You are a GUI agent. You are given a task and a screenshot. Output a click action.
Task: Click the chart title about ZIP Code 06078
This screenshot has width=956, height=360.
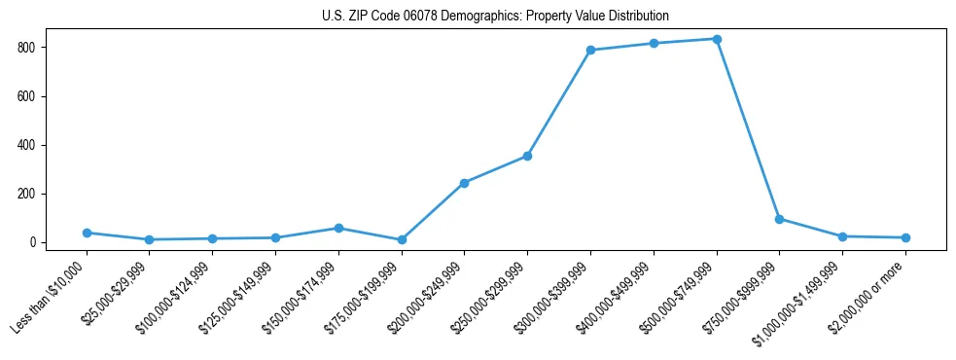tap(495, 17)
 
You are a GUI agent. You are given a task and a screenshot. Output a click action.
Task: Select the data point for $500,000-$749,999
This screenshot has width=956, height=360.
tap(717, 39)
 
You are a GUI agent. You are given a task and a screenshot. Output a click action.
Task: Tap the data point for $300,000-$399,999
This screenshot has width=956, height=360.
tap(590, 50)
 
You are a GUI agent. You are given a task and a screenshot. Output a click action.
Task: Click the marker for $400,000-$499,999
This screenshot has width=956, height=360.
tap(654, 43)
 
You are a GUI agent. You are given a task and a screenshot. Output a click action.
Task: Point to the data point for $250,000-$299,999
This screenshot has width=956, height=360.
tap(527, 156)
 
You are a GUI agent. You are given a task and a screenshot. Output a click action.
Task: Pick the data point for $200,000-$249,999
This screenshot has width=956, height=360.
tap(464, 183)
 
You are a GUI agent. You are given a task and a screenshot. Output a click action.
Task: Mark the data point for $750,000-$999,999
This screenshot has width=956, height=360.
tap(779, 219)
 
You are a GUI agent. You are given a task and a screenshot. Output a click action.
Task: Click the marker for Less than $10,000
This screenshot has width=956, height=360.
tap(87, 233)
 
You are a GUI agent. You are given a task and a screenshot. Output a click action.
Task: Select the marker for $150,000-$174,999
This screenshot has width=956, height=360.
tap(338, 228)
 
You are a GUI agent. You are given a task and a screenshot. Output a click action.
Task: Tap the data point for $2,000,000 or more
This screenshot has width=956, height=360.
tap(905, 237)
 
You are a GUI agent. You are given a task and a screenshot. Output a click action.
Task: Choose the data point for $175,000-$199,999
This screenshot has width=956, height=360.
tap(402, 239)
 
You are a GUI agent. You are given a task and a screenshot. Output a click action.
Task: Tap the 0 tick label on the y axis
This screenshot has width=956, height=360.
tap(33, 242)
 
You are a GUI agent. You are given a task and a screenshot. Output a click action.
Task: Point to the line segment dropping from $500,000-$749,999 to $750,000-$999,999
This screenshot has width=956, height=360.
tap(748, 129)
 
